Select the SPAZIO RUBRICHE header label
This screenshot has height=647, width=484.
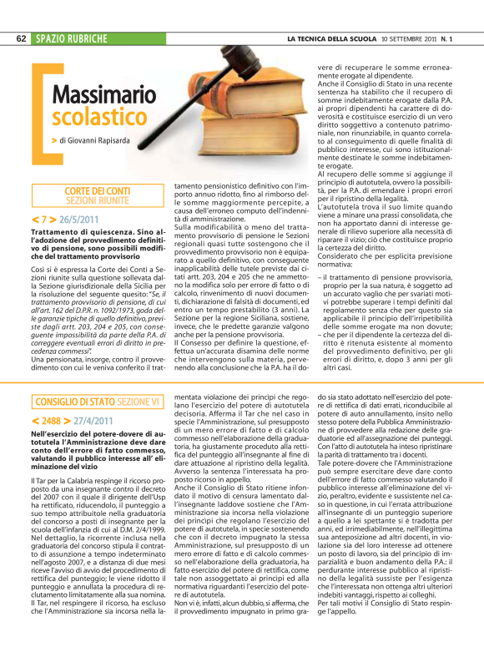(71, 39)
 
